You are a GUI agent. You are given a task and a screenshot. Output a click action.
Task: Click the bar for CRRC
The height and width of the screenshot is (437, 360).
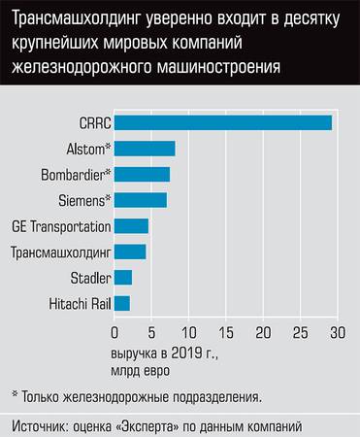[222, 122]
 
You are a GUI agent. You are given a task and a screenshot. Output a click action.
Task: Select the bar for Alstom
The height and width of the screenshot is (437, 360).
[145, 148]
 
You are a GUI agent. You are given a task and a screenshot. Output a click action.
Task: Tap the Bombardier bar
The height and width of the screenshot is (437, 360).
[142, 174]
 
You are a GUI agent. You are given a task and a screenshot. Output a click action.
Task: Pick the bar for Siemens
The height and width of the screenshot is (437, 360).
[140, 200]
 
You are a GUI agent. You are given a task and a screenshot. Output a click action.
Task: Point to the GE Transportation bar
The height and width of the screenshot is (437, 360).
[131, 226]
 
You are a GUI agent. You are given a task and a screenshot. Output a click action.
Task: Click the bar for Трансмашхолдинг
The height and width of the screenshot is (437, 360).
[130, 252]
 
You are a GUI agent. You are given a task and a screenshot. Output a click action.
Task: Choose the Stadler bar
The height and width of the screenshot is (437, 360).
[122, 278]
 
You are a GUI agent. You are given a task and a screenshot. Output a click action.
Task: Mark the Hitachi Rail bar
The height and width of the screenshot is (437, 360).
[121, 304]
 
